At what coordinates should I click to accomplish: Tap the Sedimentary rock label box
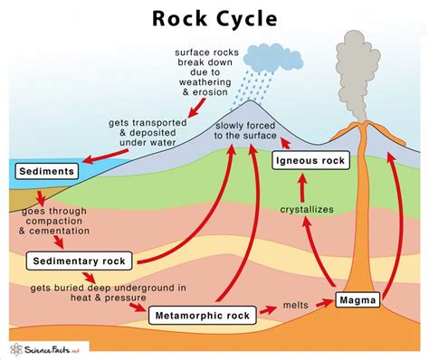[79, 261]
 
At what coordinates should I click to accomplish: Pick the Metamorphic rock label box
[201, 315]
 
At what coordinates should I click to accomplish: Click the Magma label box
[356, 298]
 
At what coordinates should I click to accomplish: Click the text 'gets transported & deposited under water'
[127, 131]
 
